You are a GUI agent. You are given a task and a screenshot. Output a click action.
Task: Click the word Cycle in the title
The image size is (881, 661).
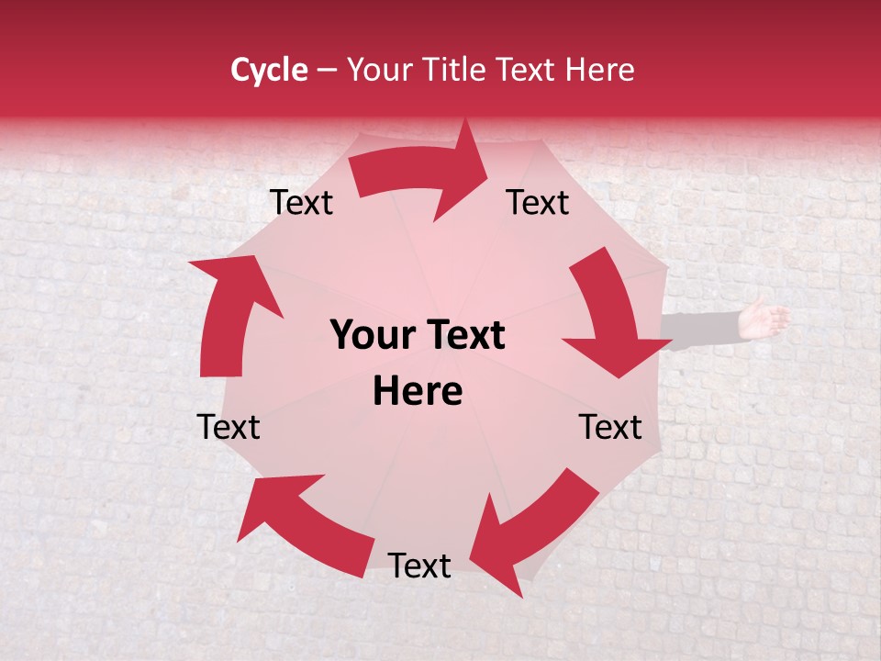coord(269,70)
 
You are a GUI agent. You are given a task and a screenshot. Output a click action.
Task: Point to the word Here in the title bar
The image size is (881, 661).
coord(599,70)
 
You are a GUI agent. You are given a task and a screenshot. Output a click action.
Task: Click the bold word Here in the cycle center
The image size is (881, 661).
coord(418,392)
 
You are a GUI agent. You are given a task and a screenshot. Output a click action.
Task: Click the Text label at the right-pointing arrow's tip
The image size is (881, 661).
coord(538,203)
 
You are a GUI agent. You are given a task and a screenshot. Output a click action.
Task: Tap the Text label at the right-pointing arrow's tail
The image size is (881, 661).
coord(301,203)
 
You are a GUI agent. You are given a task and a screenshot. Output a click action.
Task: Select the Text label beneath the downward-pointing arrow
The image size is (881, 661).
coord(610,428)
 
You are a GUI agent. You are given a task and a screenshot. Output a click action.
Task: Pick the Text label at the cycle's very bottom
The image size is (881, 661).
coord(419,566)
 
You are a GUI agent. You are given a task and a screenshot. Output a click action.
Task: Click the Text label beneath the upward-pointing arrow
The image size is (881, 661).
coord(229,428)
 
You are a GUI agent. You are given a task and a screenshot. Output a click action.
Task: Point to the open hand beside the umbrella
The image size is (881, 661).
coord(764,318)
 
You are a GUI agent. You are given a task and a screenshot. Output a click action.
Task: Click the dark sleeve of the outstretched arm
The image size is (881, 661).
coord(702,328)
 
